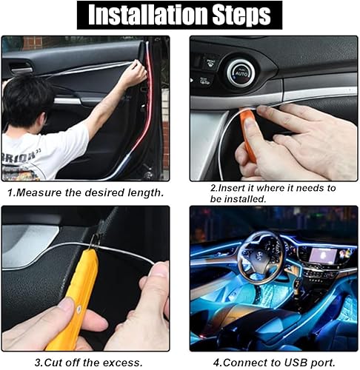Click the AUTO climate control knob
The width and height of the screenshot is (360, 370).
[x=241, y=73]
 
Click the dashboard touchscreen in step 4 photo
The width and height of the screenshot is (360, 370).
[x=320, y=254]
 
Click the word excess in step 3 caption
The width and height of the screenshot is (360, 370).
[x=121, y=362]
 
